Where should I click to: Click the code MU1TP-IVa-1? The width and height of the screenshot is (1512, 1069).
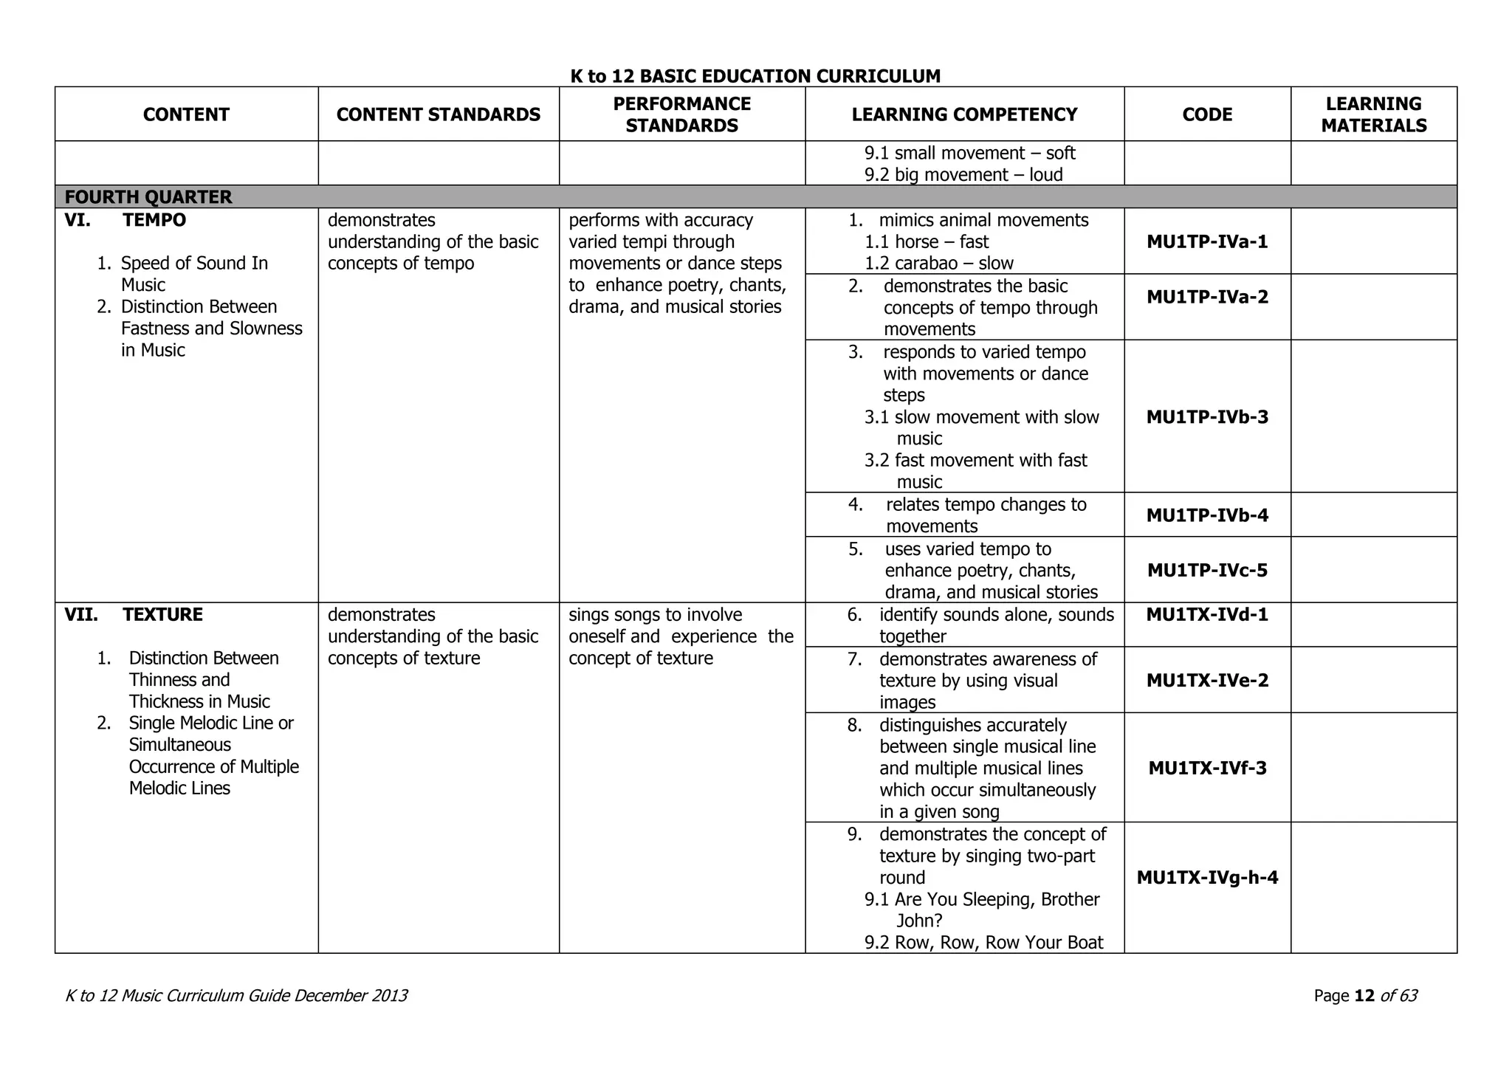[1207, 242]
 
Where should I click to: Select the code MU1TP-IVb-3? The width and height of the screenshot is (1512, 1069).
[1207, 417]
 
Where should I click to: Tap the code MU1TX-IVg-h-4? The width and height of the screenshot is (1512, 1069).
[1207, 878]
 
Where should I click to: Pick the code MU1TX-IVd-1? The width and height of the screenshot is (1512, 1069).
[1207, 615]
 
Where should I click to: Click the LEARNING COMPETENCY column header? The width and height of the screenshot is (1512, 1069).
[964, 114]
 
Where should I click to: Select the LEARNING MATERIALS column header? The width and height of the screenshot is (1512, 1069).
[1373, 114]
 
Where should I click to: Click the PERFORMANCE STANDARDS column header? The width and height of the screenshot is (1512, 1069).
[681, 114]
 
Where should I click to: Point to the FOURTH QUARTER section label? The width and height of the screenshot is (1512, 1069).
[148, 197]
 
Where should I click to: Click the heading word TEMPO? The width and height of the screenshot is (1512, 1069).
[154, 220]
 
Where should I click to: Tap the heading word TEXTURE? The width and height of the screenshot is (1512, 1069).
[162, 615]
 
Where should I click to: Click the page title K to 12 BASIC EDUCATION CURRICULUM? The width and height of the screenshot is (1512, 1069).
[755, 76]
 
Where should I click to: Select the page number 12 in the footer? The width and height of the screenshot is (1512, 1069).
[1364, 996]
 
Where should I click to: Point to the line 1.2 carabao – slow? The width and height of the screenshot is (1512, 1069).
[938, 264]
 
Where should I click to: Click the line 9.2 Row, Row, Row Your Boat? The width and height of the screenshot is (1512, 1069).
[983, 943]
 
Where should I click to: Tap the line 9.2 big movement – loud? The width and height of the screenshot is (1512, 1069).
[963, 175]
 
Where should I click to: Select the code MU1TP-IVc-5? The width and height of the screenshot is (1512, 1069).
[1207, 571]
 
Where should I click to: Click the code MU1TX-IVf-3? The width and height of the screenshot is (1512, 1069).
[1207, 769]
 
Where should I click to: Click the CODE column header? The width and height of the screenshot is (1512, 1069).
[1207, 114]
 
